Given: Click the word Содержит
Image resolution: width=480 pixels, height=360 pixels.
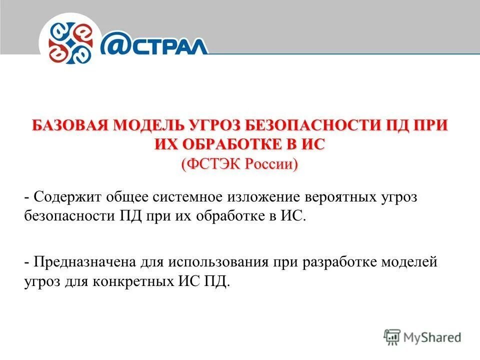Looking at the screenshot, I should point(67,197).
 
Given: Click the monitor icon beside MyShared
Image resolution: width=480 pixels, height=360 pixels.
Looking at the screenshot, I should point(392,336).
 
